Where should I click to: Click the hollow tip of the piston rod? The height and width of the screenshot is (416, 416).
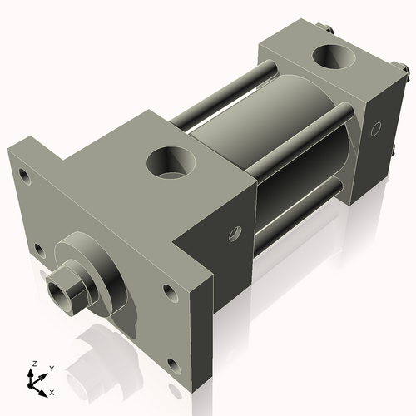tap(57, 292)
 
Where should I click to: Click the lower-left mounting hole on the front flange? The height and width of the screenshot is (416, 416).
tap(38, 247)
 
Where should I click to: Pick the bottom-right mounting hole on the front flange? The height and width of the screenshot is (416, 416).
tap(172, 364)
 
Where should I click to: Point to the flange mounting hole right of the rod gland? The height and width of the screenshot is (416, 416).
tap(170, 291)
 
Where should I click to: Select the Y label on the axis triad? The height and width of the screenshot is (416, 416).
tap(51, 367)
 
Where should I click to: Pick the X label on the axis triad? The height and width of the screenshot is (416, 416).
tap(52, 391)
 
